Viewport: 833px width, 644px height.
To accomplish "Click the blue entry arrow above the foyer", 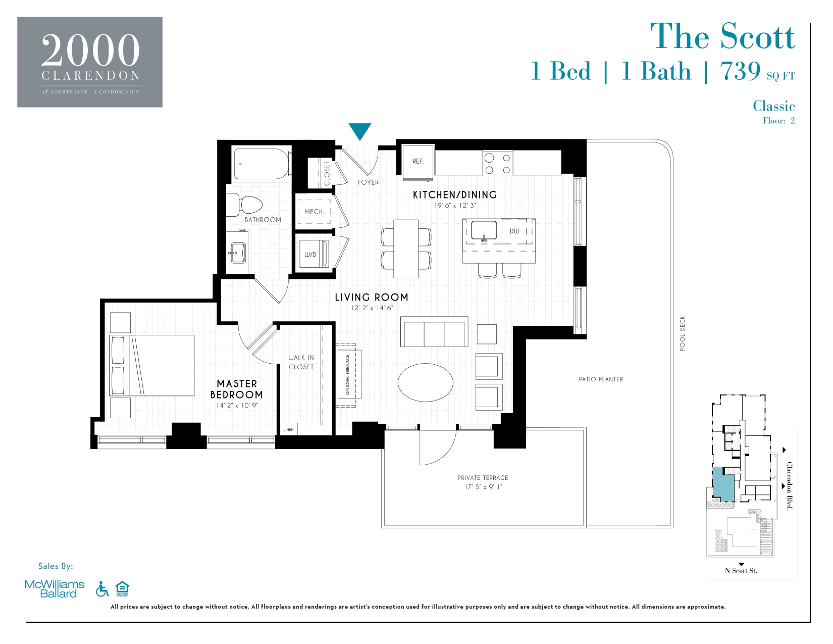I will click(360, 131).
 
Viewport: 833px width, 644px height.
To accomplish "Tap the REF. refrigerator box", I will click(418, 161).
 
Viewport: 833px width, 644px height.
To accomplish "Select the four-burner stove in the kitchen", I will click(497, 164).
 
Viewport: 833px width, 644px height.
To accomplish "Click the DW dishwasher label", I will click(514, 231).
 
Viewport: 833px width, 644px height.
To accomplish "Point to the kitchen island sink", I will click(484, 231).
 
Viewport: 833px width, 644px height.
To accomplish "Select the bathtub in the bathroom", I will click(262, 164).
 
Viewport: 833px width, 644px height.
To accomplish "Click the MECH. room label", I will click(314, 212).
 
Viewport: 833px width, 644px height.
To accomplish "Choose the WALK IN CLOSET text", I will click(301, 362).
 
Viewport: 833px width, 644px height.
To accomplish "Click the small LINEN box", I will click(289, 429).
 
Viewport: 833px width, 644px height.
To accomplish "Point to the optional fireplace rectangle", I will click(348, 374).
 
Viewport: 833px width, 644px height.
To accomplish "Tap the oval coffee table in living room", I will click(425, 382).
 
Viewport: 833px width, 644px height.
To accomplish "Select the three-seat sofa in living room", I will click(434, 332).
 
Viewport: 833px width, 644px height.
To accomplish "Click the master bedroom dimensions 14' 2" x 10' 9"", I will click(237, 406).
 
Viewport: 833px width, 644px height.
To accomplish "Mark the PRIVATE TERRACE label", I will click(483, 478).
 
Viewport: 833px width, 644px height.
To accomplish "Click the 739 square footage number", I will click(740, 71).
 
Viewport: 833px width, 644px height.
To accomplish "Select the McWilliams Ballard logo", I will click(55, 589).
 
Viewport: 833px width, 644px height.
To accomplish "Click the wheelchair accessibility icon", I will click(102, 589).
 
